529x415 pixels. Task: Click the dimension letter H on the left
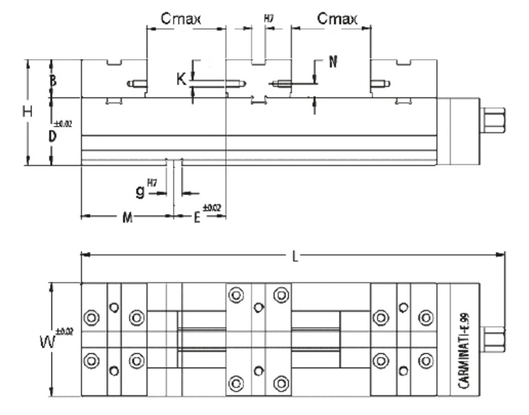click(27, 113)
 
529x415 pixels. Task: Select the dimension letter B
click(53, 80)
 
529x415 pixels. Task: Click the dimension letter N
click(333, 62)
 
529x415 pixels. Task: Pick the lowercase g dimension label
click(140, 192)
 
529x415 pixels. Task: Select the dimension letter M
click(127, 218)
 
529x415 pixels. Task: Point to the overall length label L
click(294, 256)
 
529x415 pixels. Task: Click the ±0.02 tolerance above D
click(62, 124)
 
